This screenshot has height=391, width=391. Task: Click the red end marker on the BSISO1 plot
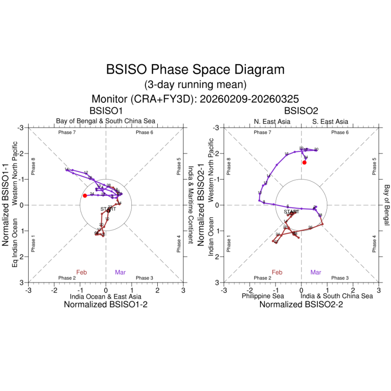85,195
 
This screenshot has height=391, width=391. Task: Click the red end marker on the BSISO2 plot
304,162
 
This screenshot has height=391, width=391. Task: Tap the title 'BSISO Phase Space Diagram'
195,70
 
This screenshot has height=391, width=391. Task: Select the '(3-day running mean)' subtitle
195,85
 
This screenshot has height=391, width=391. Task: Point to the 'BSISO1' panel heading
105,110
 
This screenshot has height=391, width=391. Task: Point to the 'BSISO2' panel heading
301,110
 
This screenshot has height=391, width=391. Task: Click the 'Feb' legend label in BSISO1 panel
82,272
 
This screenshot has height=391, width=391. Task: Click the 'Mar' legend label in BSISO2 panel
316,272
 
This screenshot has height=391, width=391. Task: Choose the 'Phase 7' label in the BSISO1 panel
67,132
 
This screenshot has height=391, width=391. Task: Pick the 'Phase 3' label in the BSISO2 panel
340,278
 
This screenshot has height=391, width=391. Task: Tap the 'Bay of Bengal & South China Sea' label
106,121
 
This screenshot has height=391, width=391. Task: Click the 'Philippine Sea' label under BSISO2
263,296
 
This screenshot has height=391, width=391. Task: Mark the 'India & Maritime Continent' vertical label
191,205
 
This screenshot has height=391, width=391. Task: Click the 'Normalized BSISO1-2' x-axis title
105,305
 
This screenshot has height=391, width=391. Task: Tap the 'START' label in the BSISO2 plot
292,212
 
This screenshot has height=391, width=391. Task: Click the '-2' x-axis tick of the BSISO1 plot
54,290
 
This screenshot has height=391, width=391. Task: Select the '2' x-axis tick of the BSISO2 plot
353,290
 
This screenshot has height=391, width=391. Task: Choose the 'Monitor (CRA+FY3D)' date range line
195,99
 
